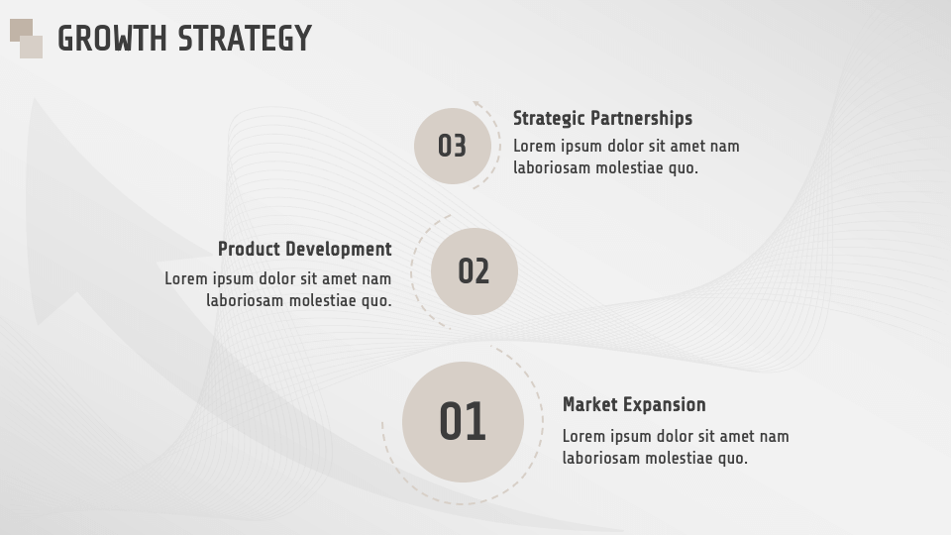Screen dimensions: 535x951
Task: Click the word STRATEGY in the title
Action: pyautogui.click(x=245, y=39)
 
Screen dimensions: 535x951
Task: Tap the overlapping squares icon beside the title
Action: pyautogui.click(x=26, y=39)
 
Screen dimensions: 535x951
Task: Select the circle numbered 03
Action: pyautogui.click(x=452, y=146)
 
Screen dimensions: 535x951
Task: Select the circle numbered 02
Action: pyautogui.click(x=474, y=270)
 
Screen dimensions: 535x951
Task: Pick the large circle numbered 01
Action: pyautogui.click(x=462, y=422)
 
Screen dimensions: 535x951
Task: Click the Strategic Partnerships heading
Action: pyautogui.click(x=602, y=118)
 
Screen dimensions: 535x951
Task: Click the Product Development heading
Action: pyautogui.click(x=304, y=249)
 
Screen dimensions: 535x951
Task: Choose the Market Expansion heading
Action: pyautogui.click(x=634, y=404)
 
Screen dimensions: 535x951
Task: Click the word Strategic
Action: pyautogui.click(x=549, y=118)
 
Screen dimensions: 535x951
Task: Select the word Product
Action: pyautogui.click(x=248, y=249)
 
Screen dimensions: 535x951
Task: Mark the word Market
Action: pyautogui.click(x=591, y=404)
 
